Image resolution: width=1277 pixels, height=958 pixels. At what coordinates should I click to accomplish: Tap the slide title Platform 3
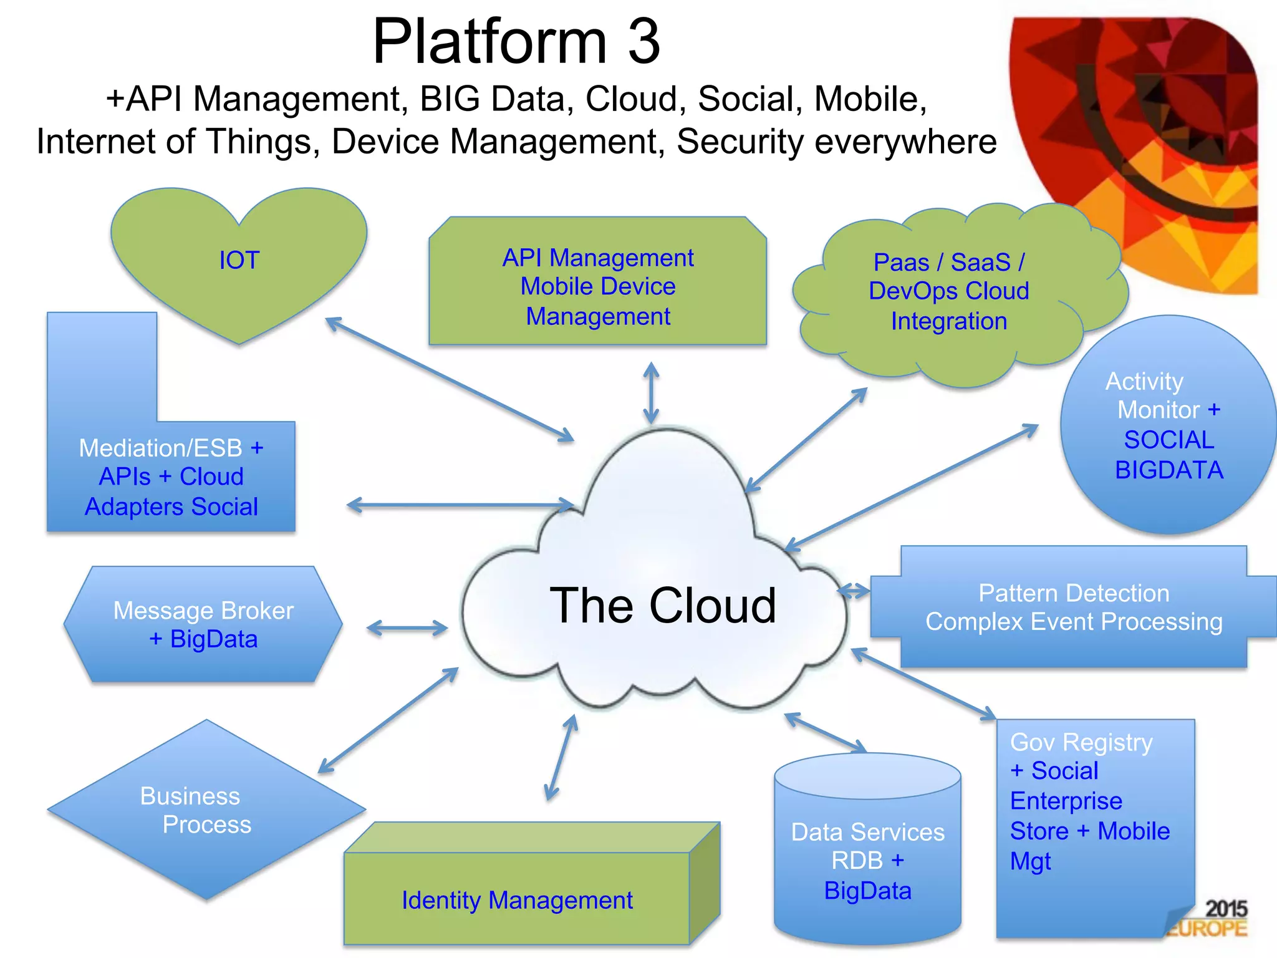[x=516, y=41]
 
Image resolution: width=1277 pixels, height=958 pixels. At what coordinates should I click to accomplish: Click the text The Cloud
[x=663, y=606]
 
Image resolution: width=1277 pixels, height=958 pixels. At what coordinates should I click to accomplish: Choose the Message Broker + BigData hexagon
[x=203, y=624]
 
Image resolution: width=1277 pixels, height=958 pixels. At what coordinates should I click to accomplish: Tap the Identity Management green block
[x=517, y=899]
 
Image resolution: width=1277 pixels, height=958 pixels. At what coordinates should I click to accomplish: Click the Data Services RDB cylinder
[x=867, y=861]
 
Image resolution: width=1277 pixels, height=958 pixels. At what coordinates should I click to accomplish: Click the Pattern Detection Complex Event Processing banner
[x=1073, y=607]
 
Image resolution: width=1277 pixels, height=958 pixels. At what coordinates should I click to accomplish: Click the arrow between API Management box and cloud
[x=651, y=394]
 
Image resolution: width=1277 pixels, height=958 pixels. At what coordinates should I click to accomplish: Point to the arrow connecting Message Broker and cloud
[x=407, y=628]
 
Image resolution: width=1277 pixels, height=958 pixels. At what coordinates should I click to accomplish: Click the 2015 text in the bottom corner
[x=1225, y=909]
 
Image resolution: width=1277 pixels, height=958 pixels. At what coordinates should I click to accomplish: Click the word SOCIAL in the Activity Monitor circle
[x=1169, y=440]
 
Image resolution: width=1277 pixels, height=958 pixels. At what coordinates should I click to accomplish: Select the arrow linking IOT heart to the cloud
[x=449, y=380]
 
